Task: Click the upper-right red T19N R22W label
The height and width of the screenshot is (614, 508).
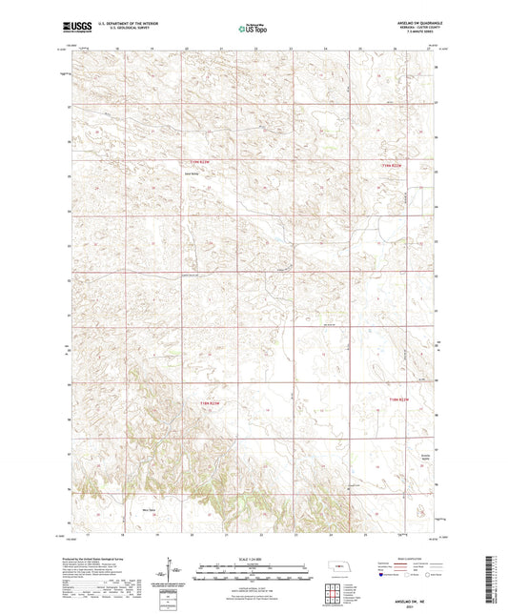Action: tap(393, 167)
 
